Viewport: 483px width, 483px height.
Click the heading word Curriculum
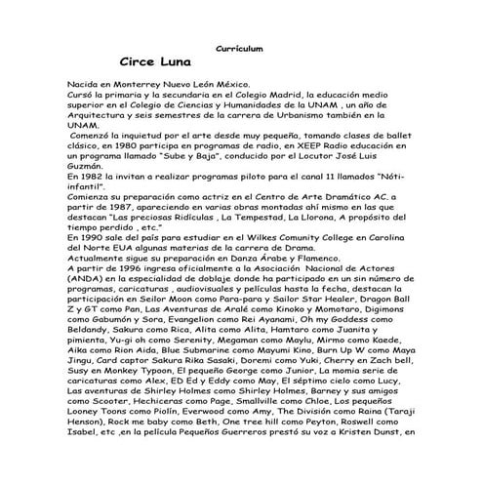point(240,48)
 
